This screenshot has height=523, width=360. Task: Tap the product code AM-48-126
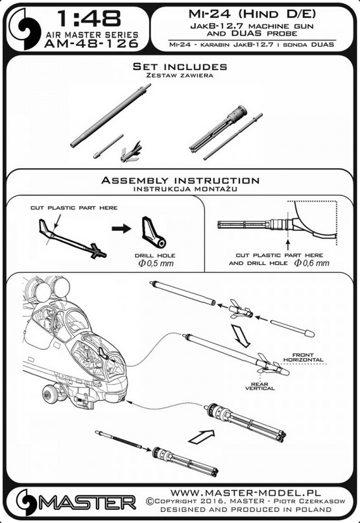[91, 43]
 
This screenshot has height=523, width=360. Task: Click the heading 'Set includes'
[180, 66]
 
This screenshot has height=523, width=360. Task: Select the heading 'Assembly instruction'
[180, 180]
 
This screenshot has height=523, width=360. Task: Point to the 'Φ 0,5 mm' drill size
[156, 263]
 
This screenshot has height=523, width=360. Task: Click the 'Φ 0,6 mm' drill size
[311, 263]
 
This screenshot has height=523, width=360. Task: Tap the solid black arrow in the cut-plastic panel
[121, 229]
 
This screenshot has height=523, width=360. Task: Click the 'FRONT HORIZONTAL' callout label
[303, 358]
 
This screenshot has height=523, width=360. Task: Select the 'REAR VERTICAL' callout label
[259, 386]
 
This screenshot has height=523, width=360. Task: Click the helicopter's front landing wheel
[50, 393]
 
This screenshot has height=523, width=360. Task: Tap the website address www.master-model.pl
[246, 493]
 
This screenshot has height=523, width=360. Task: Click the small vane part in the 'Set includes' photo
[131, 152]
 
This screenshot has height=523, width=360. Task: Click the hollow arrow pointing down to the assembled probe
[243, 337]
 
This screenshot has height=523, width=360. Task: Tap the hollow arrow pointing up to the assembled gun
[201, 436]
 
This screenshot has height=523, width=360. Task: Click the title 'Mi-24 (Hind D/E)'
[252, 14]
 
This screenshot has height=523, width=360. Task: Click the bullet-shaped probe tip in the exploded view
[293, 328]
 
